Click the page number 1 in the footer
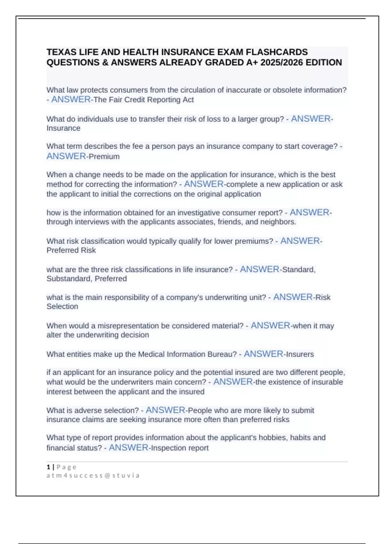tap(48, 467)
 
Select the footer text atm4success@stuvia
tap(93, 476)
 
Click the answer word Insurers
tap(300, 354)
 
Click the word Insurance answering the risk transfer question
tap(63, 128)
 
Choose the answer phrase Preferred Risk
tap(71, 250)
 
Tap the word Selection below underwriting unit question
tap(62, 307)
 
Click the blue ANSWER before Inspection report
tap(129, 448)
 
